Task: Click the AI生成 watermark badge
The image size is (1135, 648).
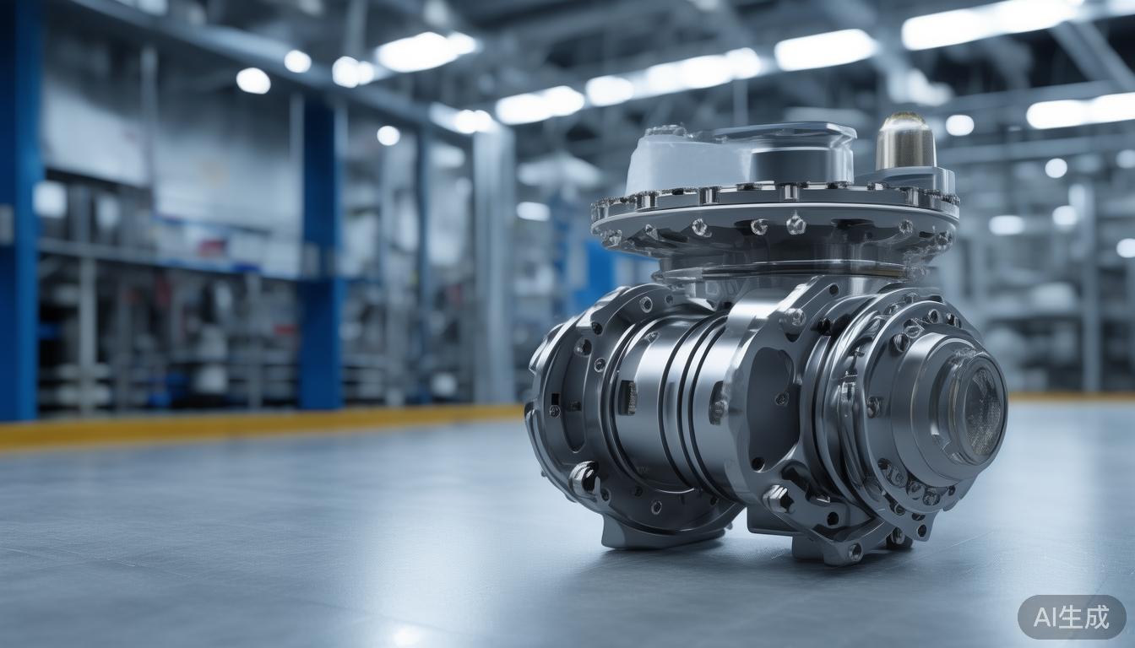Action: [1072, 617]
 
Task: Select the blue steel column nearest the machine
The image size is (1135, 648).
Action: [321, 253]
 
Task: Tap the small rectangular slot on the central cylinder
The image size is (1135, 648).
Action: [627, 397]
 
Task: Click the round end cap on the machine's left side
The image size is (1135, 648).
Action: [557, 397]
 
